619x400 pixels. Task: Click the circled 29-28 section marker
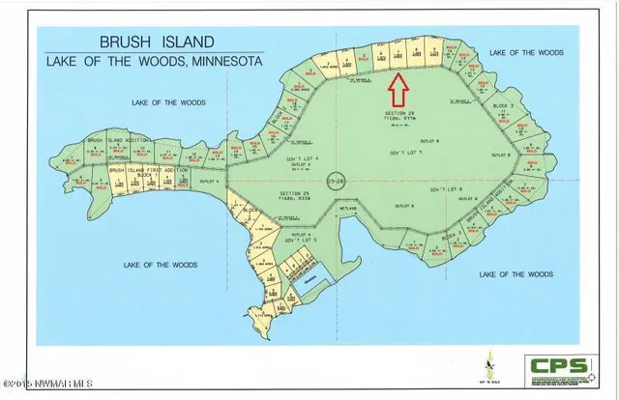coord(335,181)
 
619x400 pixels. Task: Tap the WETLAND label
coord(349,209)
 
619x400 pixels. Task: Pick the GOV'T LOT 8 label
coord(448,186)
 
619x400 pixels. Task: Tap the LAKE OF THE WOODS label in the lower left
coord(162,264)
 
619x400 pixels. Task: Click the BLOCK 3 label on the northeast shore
coord(500,105)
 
